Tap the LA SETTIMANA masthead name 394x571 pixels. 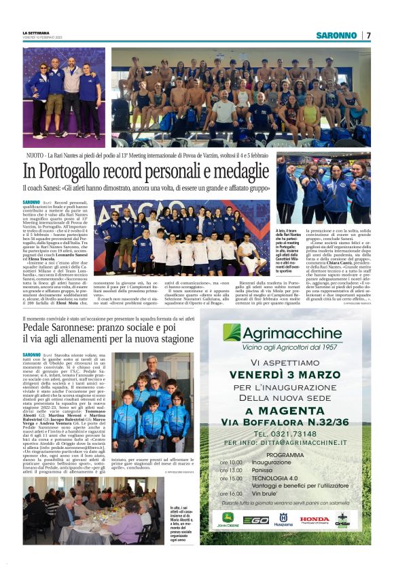coord(35,33)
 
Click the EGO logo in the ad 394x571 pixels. coord(256,520)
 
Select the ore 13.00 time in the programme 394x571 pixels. coord(231,469)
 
